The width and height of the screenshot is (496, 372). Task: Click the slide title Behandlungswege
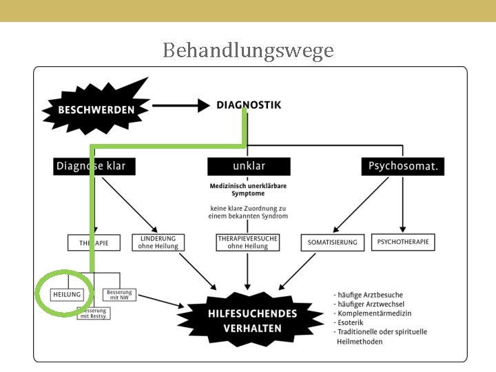pyautogui.click(x=248, y=50)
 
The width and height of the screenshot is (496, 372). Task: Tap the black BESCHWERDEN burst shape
pyautogui.click(x=96, y=108)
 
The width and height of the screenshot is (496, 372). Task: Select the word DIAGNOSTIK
pyautogui.click(x=249, y=105)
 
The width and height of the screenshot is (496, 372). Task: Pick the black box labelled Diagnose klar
pyautogui.click(x=94, y=166)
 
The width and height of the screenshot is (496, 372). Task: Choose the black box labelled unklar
pyautogui.click(x=248, y=166)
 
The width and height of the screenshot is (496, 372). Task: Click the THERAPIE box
pyautogui.click(x=94, y=242)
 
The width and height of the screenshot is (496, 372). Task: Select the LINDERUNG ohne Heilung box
pyautogui.click(x=158, y=242)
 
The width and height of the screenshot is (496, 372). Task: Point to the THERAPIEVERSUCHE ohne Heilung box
pyautogui.click(x=248, y=242)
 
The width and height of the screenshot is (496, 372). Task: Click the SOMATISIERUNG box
pyautogui.click(x=333, y=242)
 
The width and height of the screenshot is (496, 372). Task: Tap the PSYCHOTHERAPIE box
pyautogui.click(x=403, y=242)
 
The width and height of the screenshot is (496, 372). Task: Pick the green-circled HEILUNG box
pyautogui.click(x=67, y=294)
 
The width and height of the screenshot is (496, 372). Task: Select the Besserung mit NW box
pyautogui.click(x=119, y=294)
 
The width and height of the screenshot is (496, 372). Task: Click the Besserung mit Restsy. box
pyautogui.click(x=94, y=313)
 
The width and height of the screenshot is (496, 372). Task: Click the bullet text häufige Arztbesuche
pyautogui.click(x=369, y=295)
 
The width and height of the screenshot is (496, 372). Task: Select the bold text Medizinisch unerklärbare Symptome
pyautogui.click(x=248, y=189)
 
